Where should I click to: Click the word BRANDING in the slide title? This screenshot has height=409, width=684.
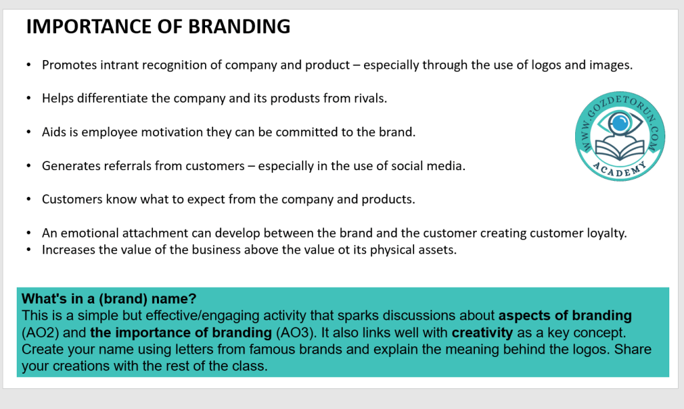[239, 27]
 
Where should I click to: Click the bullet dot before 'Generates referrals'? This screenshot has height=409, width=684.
[29, 166]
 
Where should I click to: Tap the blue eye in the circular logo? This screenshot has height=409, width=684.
[620, 122]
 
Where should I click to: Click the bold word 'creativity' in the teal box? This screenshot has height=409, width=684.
[482, 333]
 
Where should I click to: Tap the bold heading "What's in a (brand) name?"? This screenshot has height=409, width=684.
[109, 299]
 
